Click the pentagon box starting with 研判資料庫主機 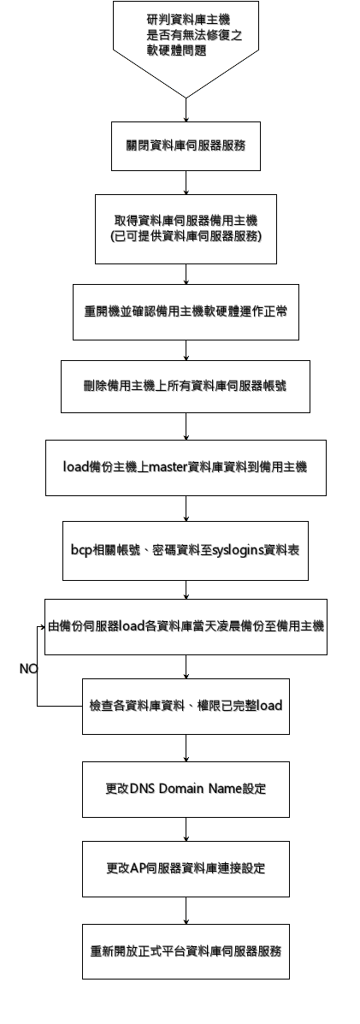(x=186, y=39)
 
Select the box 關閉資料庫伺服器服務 (x=186, y=145)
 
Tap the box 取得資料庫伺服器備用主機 (x=186, y=228)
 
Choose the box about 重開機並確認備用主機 (x=186, y=311)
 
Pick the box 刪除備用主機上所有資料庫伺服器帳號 (x=186, y=386)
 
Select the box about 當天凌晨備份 (x=186, y=627)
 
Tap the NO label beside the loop (x=29, y=669)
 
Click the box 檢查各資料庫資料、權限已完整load (x=186, y=707)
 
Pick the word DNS (x=141, y=789)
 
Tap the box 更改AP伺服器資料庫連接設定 (x=186, y=868)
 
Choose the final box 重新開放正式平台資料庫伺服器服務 (x=186, y=951)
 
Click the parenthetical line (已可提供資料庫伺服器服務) (x=186, y=237)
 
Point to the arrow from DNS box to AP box (x=186, y=830)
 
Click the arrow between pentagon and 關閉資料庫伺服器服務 (x=186, y=110)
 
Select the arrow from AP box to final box (x=186, y=910)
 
